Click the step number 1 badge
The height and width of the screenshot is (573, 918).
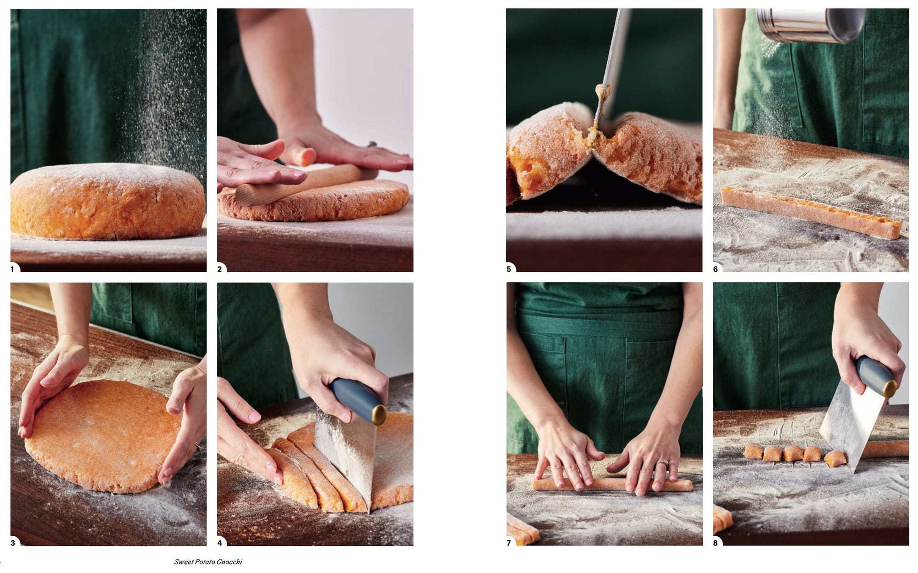point(13,269)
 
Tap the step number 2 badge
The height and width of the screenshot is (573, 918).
point(220,269)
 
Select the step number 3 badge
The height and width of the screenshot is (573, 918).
point(13,543)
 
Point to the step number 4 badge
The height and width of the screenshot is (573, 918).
point(220,543)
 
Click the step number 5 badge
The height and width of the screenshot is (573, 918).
point(509,269)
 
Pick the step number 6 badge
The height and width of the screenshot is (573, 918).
point(716,269)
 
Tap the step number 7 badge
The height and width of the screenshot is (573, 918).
point(509,543)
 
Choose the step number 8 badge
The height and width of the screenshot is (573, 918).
point(716,543)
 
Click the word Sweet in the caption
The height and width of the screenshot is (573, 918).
point(182,562)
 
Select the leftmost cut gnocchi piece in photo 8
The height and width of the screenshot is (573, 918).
point(753,451)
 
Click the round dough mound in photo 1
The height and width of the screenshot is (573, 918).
point(108,202)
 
